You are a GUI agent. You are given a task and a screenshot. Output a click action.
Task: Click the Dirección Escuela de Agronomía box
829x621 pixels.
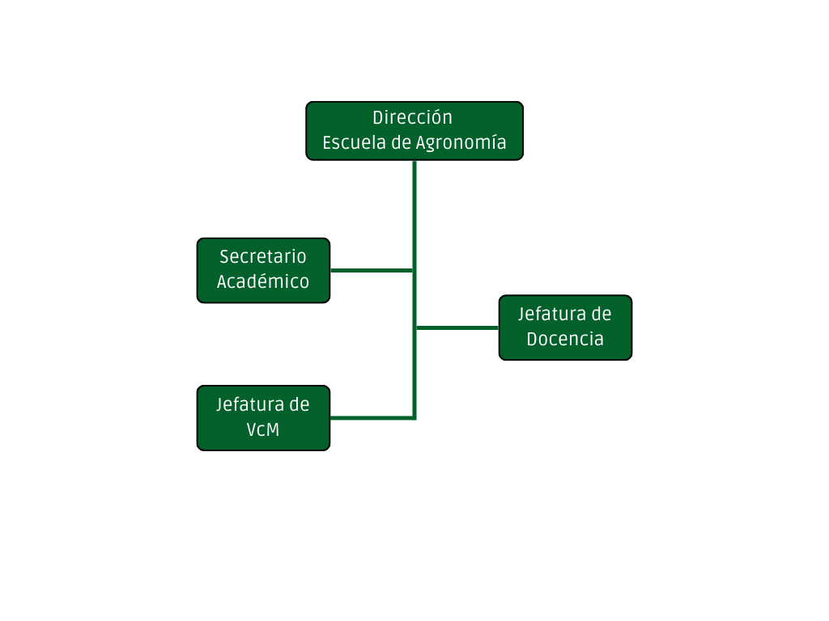[x=414, y=131]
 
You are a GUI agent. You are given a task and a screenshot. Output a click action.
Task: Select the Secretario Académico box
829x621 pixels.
[x=263, y=270]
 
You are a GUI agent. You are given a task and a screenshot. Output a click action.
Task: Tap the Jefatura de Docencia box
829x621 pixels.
[x=565, y=327]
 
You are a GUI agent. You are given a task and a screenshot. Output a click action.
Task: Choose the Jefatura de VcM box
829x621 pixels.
[x=263, y=418]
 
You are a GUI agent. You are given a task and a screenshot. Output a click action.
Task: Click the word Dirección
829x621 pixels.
[x=412, y=117]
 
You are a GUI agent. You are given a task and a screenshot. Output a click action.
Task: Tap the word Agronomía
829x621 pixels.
[x=461, y=142]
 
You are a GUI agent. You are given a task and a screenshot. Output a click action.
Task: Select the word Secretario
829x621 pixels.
[x=263, y=256]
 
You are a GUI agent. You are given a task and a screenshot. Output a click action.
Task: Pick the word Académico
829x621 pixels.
[x=263, y=281]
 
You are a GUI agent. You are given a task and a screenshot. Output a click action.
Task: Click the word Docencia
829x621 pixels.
[x=565, y=339]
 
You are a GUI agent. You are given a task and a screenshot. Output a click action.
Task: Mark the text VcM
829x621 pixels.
[x=263, y=429]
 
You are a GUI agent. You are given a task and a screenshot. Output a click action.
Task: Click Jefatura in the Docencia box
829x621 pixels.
[x=552, y=315]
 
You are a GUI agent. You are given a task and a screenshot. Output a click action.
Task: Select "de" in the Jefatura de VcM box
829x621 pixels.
[x=300, y=404]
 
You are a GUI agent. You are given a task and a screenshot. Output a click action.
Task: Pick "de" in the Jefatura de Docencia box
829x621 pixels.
[x=602, y=315]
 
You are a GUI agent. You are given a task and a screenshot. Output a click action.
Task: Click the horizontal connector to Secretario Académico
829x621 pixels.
[x=372, y=270]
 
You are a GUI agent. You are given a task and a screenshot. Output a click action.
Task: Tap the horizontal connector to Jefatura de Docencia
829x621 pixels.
[x=457, y=328]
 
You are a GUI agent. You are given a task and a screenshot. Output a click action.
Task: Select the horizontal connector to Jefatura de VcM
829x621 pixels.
[x=372, y=418]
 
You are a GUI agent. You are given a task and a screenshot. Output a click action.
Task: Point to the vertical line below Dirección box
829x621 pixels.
[x=414, y=289]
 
